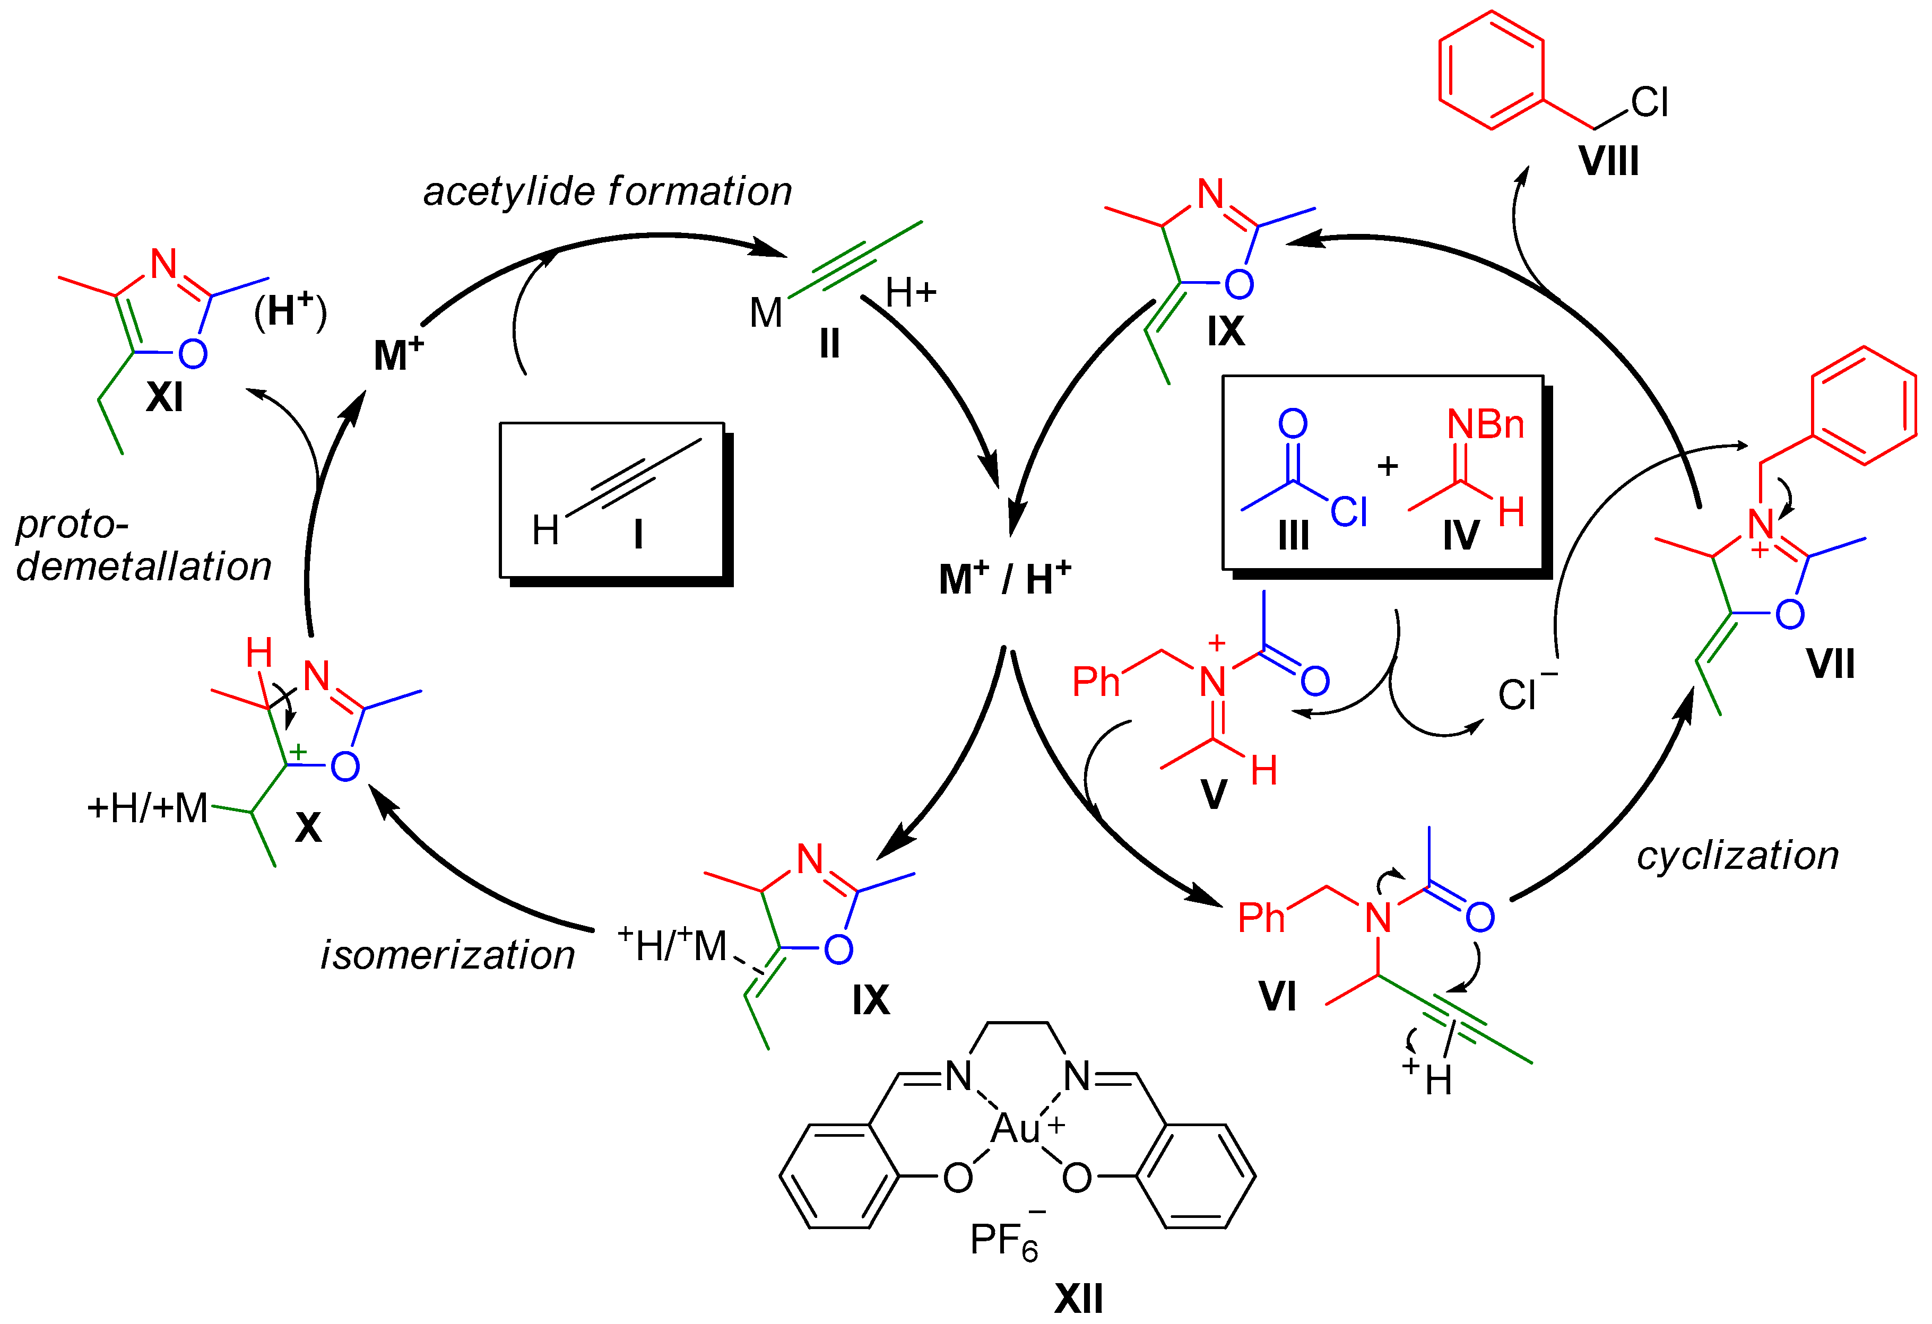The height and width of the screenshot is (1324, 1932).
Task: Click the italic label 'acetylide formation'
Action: [608, 192]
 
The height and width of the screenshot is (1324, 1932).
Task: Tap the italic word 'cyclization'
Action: [1737, 856]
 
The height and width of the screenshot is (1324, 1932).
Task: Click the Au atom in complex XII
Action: [1016, 1129]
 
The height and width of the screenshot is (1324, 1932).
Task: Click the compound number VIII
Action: [1609, 160]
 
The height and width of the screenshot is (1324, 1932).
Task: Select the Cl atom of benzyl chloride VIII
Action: [1649, 102]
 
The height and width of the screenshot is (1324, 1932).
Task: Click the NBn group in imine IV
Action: [1486, 425]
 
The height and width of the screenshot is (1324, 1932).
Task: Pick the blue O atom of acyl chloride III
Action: [1293, 424]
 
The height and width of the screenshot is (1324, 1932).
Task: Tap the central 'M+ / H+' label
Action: [1004, 579]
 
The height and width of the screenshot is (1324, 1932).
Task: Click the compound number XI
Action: [164, 397]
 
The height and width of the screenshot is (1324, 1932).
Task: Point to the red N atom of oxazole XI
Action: [164, 264]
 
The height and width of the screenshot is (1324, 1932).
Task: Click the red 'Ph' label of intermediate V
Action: [1096, 682]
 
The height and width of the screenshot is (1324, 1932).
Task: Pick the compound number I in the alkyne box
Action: [638, 534]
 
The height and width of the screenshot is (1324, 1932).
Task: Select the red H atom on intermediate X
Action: [258, 654]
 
